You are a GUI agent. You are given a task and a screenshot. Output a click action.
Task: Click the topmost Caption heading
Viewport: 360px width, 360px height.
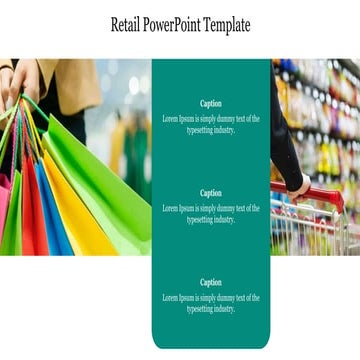point(211,103)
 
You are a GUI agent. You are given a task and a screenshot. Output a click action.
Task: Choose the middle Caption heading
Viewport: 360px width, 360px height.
point(211,193)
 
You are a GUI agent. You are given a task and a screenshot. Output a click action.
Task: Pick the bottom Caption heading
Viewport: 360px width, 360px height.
point(211,282)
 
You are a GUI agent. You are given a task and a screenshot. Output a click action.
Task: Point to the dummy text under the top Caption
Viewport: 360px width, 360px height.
point(211,124)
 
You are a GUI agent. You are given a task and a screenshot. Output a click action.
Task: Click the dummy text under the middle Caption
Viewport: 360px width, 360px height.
point(211,214)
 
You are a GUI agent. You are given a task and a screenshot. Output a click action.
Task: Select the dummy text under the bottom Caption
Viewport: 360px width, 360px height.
point(211,303)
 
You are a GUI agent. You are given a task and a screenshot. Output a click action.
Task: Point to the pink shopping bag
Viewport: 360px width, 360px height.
point(7,215)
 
